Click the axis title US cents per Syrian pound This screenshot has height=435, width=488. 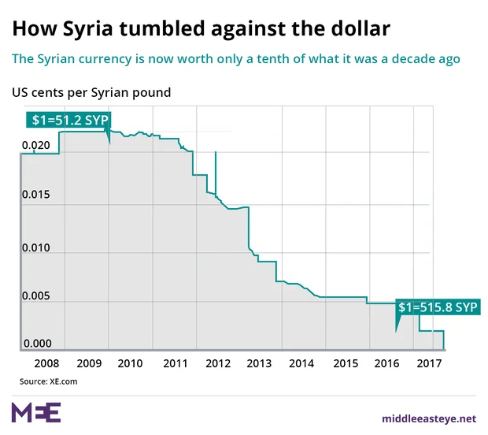tap(91, 92)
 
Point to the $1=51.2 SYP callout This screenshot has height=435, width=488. tap(69, 121)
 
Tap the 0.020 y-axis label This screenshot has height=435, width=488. tap(36, 146)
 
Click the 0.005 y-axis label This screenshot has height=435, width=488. tap(36, 296)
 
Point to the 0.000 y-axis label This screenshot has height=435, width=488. tap(36, 344)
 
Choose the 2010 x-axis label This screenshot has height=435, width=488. tap(129, 363)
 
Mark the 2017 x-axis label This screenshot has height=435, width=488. tap(428, 363)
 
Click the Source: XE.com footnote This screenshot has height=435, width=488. tap(49, 381)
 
